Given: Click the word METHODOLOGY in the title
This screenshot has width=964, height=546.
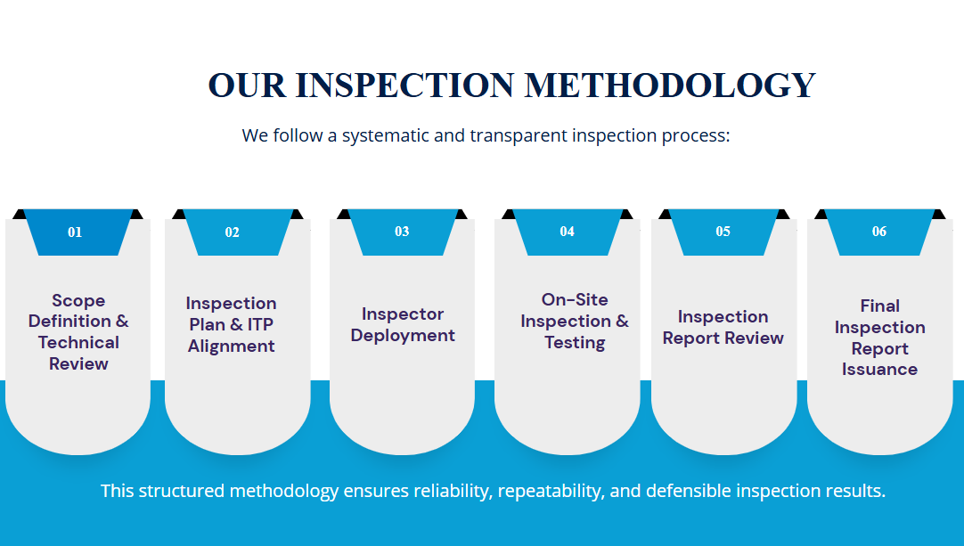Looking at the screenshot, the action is (669, 85).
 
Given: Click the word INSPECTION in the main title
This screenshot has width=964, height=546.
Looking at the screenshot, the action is (404, 85).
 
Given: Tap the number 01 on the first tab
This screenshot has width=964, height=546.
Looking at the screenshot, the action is (75, 232).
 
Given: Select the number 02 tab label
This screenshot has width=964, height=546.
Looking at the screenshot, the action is (232, 232).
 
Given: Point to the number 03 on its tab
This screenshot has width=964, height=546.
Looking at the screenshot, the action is (402, 232).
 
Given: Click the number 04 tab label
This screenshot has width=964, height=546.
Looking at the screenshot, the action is (567, 232).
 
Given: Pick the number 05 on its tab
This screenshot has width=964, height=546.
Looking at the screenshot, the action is (723, 232).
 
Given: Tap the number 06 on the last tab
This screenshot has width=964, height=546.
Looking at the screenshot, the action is (879, 232).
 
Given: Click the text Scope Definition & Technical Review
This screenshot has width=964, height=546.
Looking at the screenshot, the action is (78, 332).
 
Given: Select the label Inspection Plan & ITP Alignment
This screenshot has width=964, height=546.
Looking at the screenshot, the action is (231, 324).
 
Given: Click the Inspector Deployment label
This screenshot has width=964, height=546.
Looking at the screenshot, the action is (403, 324).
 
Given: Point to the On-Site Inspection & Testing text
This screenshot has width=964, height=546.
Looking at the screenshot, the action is (575, 321).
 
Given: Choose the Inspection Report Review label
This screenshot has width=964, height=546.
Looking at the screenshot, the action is (723, 327).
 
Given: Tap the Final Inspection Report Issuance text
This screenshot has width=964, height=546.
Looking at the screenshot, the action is (879, 338).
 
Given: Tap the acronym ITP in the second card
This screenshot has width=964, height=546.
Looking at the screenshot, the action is (260, 324).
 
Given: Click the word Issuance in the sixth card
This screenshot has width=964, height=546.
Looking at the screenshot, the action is (879, 370).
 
